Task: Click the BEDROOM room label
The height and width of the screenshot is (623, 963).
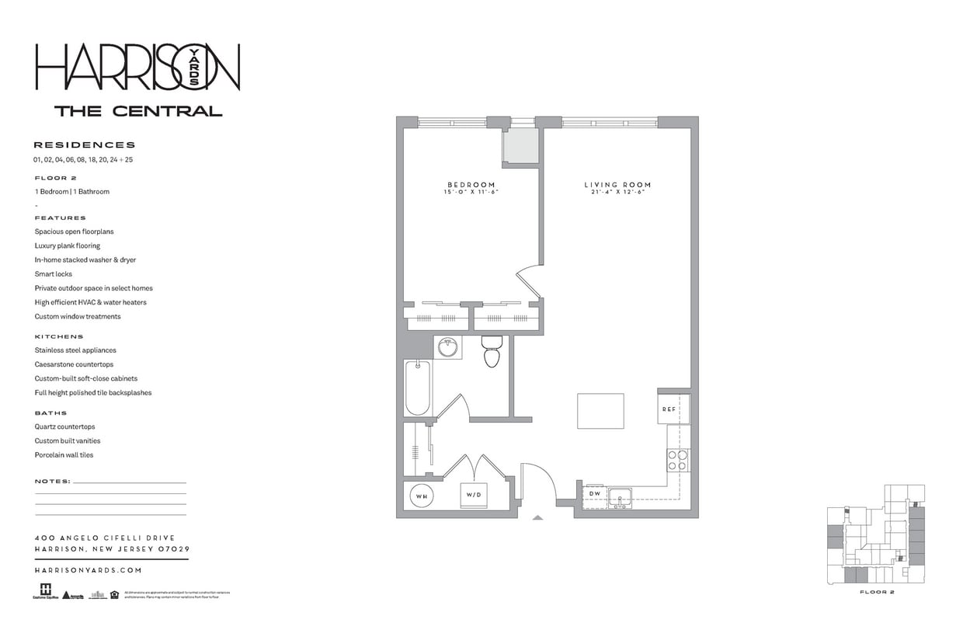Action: pyautogui.click(x=470, y=185)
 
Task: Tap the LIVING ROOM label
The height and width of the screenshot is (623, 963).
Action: pyautogui.click(x=617, y=185)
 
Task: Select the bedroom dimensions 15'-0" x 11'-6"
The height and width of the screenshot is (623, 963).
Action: pyautogui.click(x=470, y=192)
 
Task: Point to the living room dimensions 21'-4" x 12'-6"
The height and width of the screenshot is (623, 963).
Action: pyautogui.click(x=617, y=192)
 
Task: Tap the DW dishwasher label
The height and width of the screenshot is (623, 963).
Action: pyautogui.click(x=594, y=494)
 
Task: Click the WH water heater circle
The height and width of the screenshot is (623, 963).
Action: pyautogui.click(x=421, y=496)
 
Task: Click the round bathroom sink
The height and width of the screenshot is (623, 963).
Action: pyautogui.click(x=448, y=347)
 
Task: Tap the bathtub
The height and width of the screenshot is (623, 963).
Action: pyautogui.click(x=417, y=388)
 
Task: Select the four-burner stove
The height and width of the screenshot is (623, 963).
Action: pyautogui.click(x=677, y=461)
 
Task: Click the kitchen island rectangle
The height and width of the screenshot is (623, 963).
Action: pyautogui.click(x=600, y=411)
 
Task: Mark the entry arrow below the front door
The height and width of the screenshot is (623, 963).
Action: pyautogui.click(x=537, y=517)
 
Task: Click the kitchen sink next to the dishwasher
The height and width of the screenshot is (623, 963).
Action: pyautogui.click(x=620, y=498)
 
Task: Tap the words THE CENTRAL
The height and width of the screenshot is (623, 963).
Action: pyautogui.click(x=138, y=111)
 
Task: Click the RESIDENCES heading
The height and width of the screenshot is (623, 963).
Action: pyautogui.click(x=85, y=144)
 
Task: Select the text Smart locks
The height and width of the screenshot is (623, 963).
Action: pyautogui.click(x=54, y=274)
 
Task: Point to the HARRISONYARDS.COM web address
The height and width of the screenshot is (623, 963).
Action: pyautogui.click(x=89, y=570)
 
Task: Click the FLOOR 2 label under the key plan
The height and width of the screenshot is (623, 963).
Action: pyautogui.click(x=878, y=592)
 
